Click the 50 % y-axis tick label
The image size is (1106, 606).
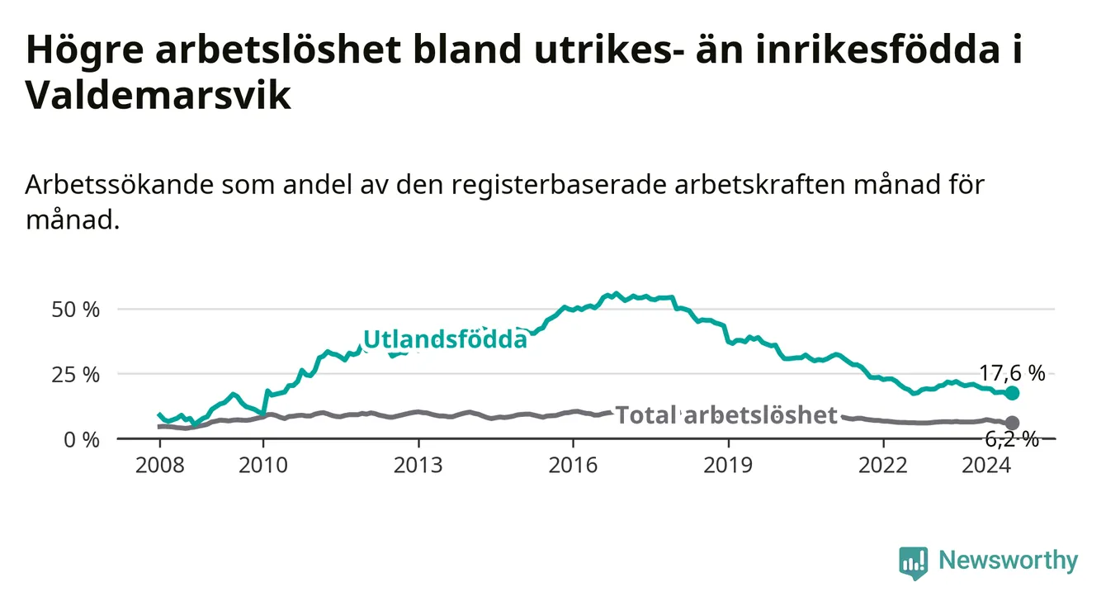click(x=76, y=310)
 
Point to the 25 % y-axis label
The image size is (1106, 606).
click(x=76, y=375)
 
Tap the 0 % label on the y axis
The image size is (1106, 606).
click(x=82, y=439)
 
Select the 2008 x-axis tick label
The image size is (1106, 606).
click(x=159, y=466)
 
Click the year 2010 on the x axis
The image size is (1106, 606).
click(x=263, y=466)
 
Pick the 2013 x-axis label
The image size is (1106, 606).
click(x=418, y=466)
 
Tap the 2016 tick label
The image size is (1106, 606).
click(x=574, y=466)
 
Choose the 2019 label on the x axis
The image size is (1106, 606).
click(x=728, y=466)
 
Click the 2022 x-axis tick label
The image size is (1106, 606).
click(x=883, y=466)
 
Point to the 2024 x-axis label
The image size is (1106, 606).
click(x=986, y=466)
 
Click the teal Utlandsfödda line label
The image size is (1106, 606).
click(x=445, y=339)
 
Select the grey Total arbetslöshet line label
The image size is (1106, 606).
click(x=726, y=414)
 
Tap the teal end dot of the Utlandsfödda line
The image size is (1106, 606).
click(x=1012, y=393)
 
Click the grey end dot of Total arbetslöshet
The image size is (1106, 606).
click(x=1012, y=423)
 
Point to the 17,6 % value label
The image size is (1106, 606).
click(x=1012, y=373)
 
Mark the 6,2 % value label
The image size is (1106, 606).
click(x=1012, y=438)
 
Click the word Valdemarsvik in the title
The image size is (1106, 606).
click(x=158, y=95)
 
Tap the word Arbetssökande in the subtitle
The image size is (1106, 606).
click(x=120, y=185)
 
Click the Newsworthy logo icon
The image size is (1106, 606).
click(x=913, y=562)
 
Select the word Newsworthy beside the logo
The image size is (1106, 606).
click(x=1009, y=561)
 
